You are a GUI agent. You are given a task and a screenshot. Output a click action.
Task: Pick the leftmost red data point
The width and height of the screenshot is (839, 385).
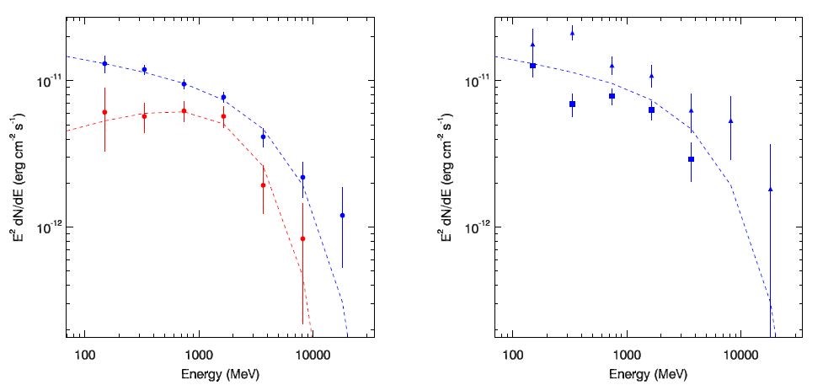pos(104,112)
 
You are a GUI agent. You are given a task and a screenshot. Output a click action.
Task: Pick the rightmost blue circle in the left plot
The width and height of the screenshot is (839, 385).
pos(342,216)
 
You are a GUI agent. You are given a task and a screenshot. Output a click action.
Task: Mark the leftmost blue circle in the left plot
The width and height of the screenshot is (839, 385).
pos(104,63)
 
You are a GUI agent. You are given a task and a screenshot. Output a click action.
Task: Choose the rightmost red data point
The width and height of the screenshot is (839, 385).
pos(302,238)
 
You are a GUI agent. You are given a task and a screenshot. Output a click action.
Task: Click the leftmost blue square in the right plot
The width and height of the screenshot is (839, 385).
pos(532,66)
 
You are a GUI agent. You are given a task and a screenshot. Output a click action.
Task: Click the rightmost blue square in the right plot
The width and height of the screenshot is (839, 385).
pos(691,158)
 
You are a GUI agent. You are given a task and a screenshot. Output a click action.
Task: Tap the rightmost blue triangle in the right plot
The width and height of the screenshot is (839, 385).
pos(770,190)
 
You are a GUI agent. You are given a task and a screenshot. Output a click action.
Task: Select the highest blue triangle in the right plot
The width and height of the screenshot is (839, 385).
pos(572,35)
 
